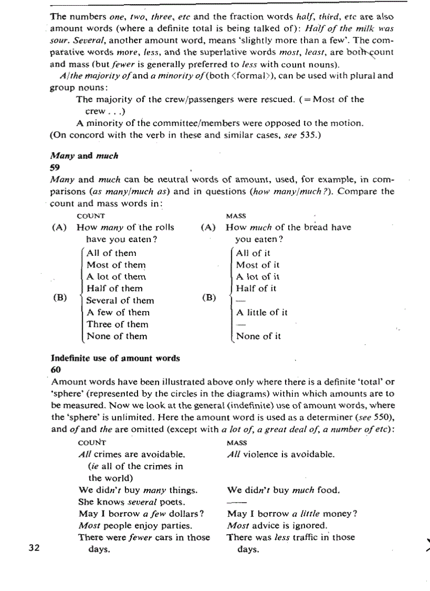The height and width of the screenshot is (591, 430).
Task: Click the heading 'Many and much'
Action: pyautogui.click(x=84, y=156)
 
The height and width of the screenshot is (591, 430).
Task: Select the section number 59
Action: pyautogui.click(x=55, y=167)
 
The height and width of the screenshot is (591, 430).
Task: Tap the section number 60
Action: pyautogui.click(x=55, y=369)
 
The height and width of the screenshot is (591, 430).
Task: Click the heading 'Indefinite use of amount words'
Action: pyautogui.click(x=115, y=358)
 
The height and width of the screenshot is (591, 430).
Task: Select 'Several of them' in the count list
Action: pyautogui.click(x=120, y=300)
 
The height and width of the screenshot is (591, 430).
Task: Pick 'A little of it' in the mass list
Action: pyautogui.click(x=261, y=312)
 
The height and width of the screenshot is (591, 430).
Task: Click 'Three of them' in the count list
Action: pyautogui.click(x=118, y=324)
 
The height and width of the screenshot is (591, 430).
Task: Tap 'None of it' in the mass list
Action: pyautogui.click(x=258, y=336)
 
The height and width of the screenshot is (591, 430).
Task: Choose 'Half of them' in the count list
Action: pyautogui.click(x=114, y=288)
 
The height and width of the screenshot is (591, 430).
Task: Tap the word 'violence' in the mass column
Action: pyautogui.click(x=267, y=454)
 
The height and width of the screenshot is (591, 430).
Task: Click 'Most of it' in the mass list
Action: pyautogui.click(x=258, y=265)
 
